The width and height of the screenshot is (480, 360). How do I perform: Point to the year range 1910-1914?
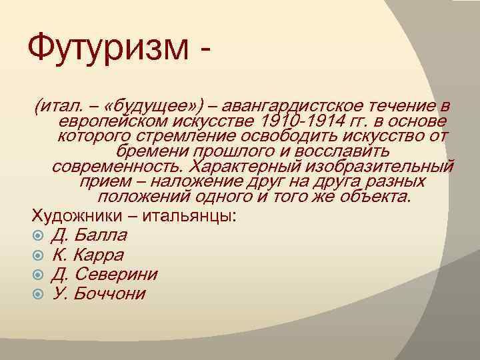click(303, 121)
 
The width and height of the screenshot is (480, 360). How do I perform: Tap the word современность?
click(118, 166)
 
